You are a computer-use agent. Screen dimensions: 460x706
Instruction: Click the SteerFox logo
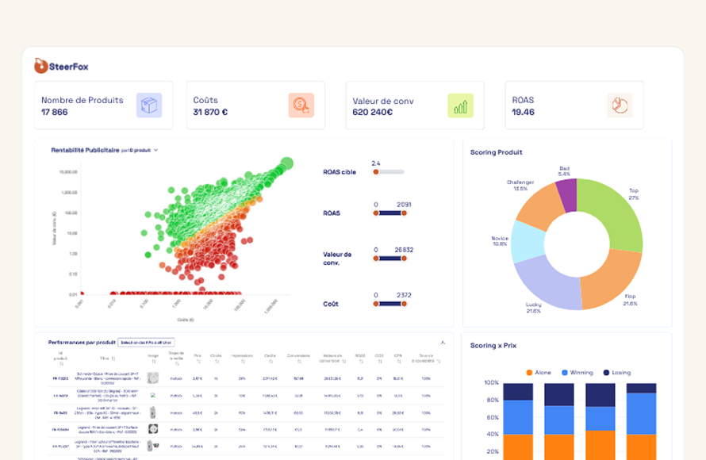(61, 67)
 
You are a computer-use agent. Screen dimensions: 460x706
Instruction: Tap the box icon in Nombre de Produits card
(148, 105)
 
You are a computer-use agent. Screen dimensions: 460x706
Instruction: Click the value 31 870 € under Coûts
(210, 113)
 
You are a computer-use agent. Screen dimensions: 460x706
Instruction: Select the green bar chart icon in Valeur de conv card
(460, 105)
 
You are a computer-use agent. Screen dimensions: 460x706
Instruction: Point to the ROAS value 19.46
(523, 113)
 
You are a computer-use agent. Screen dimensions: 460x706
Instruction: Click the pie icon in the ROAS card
(619, 105)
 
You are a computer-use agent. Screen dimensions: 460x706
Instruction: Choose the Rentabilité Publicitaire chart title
(85, 150)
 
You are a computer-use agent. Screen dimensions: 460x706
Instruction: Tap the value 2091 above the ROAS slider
(404, 205)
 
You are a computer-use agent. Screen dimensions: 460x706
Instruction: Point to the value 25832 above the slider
(404, 250)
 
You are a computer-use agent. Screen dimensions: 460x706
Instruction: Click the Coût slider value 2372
(404, 295)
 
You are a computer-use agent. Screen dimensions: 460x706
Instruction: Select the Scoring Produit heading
(496, 152)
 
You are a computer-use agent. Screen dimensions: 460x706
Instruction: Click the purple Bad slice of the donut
(566, 195)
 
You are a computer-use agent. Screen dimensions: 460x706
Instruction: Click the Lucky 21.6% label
(533, 308)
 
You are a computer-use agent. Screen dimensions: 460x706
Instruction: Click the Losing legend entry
(616, 372)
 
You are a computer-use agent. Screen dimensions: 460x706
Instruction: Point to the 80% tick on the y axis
(491, 400)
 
